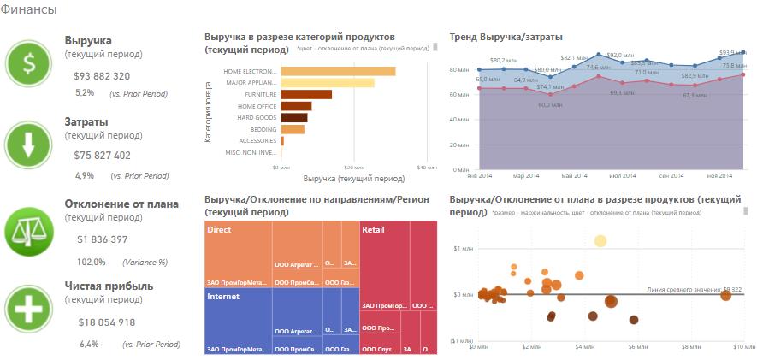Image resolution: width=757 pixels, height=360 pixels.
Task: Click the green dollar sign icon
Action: pyautogui.click(x=29, y=62)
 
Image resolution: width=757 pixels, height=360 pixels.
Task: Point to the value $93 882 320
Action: pyautogui.click(x=102, y=76)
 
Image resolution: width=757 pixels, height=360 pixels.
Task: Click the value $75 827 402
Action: pyautogui.click(x=102, y=156)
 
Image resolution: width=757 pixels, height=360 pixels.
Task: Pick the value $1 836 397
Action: pyautogui.click(x=102, y=239)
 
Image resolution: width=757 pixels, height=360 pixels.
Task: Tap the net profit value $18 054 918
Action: pyautogui.click(x=106, y=322)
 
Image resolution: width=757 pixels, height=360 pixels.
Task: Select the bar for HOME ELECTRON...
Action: pyautogui.click(x=338, y=71)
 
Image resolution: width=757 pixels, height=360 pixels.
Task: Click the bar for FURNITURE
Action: pyautogui.click(x=305, y=94)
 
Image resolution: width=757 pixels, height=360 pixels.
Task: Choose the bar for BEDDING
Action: pyautogui.click(x=292, y=129)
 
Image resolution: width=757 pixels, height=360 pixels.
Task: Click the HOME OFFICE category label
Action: pyautogui.click(x=257, y=106)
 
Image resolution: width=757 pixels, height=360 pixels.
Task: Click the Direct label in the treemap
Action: pyautogui.click(x=219, y=230)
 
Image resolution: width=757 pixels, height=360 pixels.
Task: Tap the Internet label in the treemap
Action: pyautogui.click(x=223, y=297)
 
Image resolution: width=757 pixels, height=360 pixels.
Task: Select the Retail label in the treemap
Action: pyautogui.click(x=373, y=230)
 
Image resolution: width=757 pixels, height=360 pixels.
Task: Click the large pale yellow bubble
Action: pyautogui.click(x=600, y=241)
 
